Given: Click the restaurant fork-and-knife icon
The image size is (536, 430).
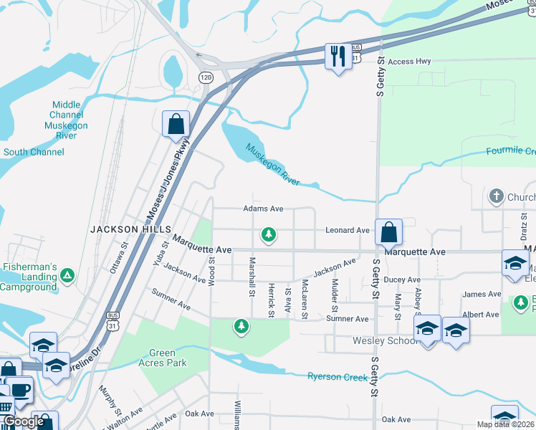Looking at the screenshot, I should [338, 55].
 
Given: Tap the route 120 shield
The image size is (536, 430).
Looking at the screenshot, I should [206, 76].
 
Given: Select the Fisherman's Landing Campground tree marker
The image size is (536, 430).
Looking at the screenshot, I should [67, 274].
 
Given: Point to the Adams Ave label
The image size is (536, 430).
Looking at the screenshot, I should [264, 209].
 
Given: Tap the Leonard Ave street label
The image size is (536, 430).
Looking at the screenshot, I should [347, 230].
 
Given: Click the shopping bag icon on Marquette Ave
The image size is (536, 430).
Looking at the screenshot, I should [388, 232].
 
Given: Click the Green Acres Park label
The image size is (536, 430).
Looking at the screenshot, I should [168, 358].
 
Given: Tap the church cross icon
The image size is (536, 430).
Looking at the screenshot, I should [495, 196].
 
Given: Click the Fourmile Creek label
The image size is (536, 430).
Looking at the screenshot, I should [510, 151].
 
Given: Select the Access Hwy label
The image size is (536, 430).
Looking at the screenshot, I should [409, 62].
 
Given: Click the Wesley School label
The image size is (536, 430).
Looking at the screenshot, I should [386, 340].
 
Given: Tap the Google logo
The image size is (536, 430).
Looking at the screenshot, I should [24, 421].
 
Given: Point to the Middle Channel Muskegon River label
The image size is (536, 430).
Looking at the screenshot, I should [67, 115].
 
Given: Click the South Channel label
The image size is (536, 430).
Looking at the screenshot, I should [34, 152].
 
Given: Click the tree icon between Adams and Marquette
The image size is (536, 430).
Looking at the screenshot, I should [269, 234].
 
